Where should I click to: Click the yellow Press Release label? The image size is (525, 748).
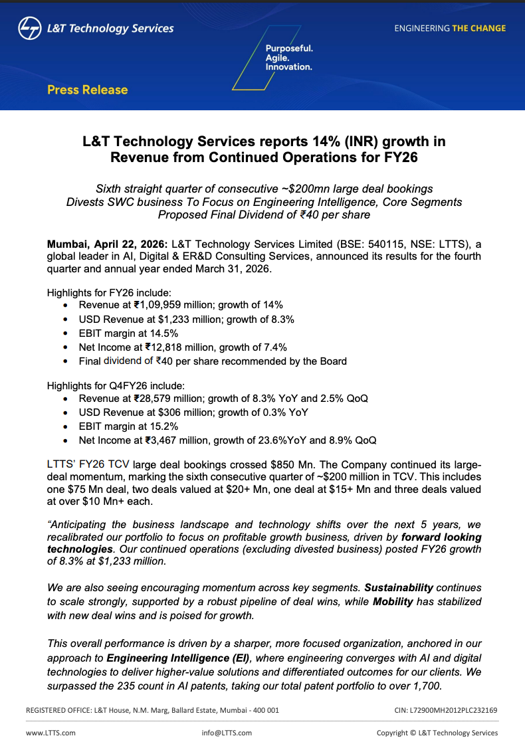pos(87,90)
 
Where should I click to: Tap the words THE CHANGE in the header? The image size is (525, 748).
pos(478,29)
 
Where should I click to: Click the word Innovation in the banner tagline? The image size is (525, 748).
pos(288,67)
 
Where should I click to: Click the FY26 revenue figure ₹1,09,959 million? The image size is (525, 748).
pos(171,305)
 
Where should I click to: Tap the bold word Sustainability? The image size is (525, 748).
pos(399,588)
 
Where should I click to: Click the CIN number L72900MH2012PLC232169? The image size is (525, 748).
pos(453,710)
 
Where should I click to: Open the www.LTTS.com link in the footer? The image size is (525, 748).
pos(51,733)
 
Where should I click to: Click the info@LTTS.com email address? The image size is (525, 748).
pos(227,733)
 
